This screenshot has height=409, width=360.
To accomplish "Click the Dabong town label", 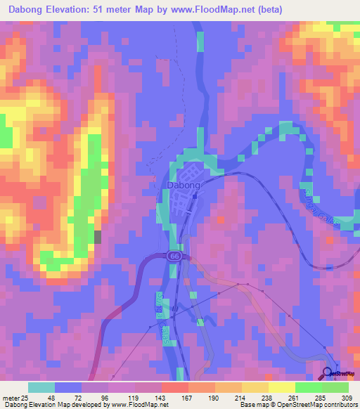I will coord(183,186).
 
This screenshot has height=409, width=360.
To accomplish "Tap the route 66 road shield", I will coord(173,257).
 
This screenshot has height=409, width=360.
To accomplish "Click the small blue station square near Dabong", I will coord(193,197).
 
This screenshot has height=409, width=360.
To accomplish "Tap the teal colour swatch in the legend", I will coord(41,388).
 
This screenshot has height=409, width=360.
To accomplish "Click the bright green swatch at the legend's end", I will coord(335,388).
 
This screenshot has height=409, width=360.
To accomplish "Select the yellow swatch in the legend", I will coord(282,388).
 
